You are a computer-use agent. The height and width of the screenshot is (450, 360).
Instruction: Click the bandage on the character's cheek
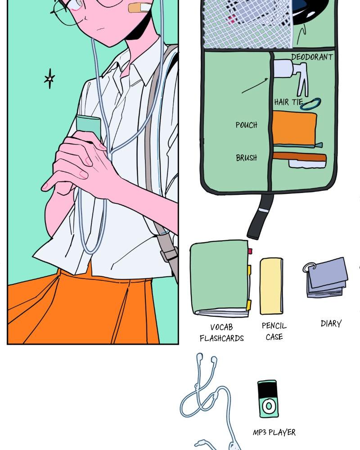click(x=140, y=8)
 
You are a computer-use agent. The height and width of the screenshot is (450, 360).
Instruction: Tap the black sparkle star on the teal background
click(x=49, y=78)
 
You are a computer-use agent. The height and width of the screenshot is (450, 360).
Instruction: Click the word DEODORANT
click(x=312, y=57)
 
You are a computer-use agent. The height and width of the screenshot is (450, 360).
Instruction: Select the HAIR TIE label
click(x=288, y=102)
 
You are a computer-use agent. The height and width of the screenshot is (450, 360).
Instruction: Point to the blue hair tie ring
click(x=310, y=103)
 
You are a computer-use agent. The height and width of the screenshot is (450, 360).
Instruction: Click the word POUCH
click(x=246, y=125)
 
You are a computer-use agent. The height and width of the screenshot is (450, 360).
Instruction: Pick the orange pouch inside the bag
click(x=294, y=128)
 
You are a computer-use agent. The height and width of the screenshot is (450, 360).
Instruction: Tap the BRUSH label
click(x=246, y=157)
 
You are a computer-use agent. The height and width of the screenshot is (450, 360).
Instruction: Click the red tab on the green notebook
click(x=250, y=251)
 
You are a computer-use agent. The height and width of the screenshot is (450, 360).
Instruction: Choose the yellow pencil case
click(x=271, y=286)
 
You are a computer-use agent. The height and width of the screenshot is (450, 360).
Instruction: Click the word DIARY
click(x=331, y=324)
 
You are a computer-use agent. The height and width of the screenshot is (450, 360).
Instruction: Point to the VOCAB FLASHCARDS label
click(x=222, y=333)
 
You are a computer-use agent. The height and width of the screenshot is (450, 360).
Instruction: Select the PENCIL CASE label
click(x=274, y=331)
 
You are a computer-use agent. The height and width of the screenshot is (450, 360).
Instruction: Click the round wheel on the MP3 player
click(x=269, y=406)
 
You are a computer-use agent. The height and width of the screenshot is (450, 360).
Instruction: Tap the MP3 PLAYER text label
click(x=274, y=432)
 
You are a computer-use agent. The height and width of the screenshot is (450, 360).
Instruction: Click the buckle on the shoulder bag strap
click(x=169, y=254)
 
